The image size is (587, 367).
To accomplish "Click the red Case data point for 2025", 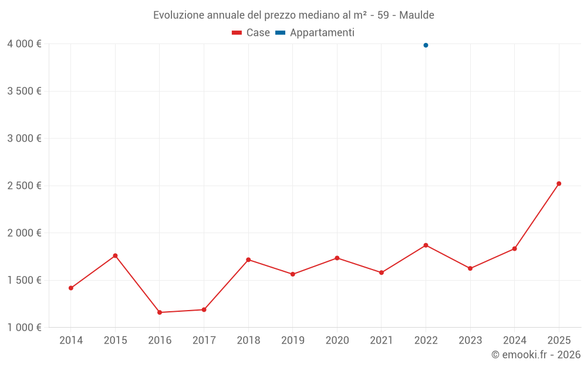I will [x=559, y=184].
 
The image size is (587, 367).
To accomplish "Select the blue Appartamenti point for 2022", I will [x=426, y=45].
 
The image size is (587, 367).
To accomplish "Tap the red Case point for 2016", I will [x=160, y=312].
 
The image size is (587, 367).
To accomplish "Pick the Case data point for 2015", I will [x=115, y=256].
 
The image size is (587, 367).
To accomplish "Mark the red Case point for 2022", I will [x=426, y=245].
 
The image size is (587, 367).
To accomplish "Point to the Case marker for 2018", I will [x=248, y=260].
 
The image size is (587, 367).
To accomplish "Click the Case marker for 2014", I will [x=71, y=288].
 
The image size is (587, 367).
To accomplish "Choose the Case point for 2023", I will [x=470, y=268].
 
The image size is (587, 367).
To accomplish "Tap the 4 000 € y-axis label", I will [x=24, y=44].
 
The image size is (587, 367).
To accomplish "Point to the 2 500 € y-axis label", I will [x=24, y=186].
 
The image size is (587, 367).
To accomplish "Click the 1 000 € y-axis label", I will [x=24, y=328].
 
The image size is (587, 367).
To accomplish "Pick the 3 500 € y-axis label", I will [x=24, y=91].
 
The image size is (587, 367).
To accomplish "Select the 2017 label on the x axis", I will [x=204, y=341].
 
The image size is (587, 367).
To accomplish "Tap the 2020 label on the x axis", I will [x=337, y=341].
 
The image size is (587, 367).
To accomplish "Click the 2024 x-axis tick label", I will [x=514, y=341].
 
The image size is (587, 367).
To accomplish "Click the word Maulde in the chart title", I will [x=417, y=15].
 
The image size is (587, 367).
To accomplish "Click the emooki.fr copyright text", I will [x=536, y=355].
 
